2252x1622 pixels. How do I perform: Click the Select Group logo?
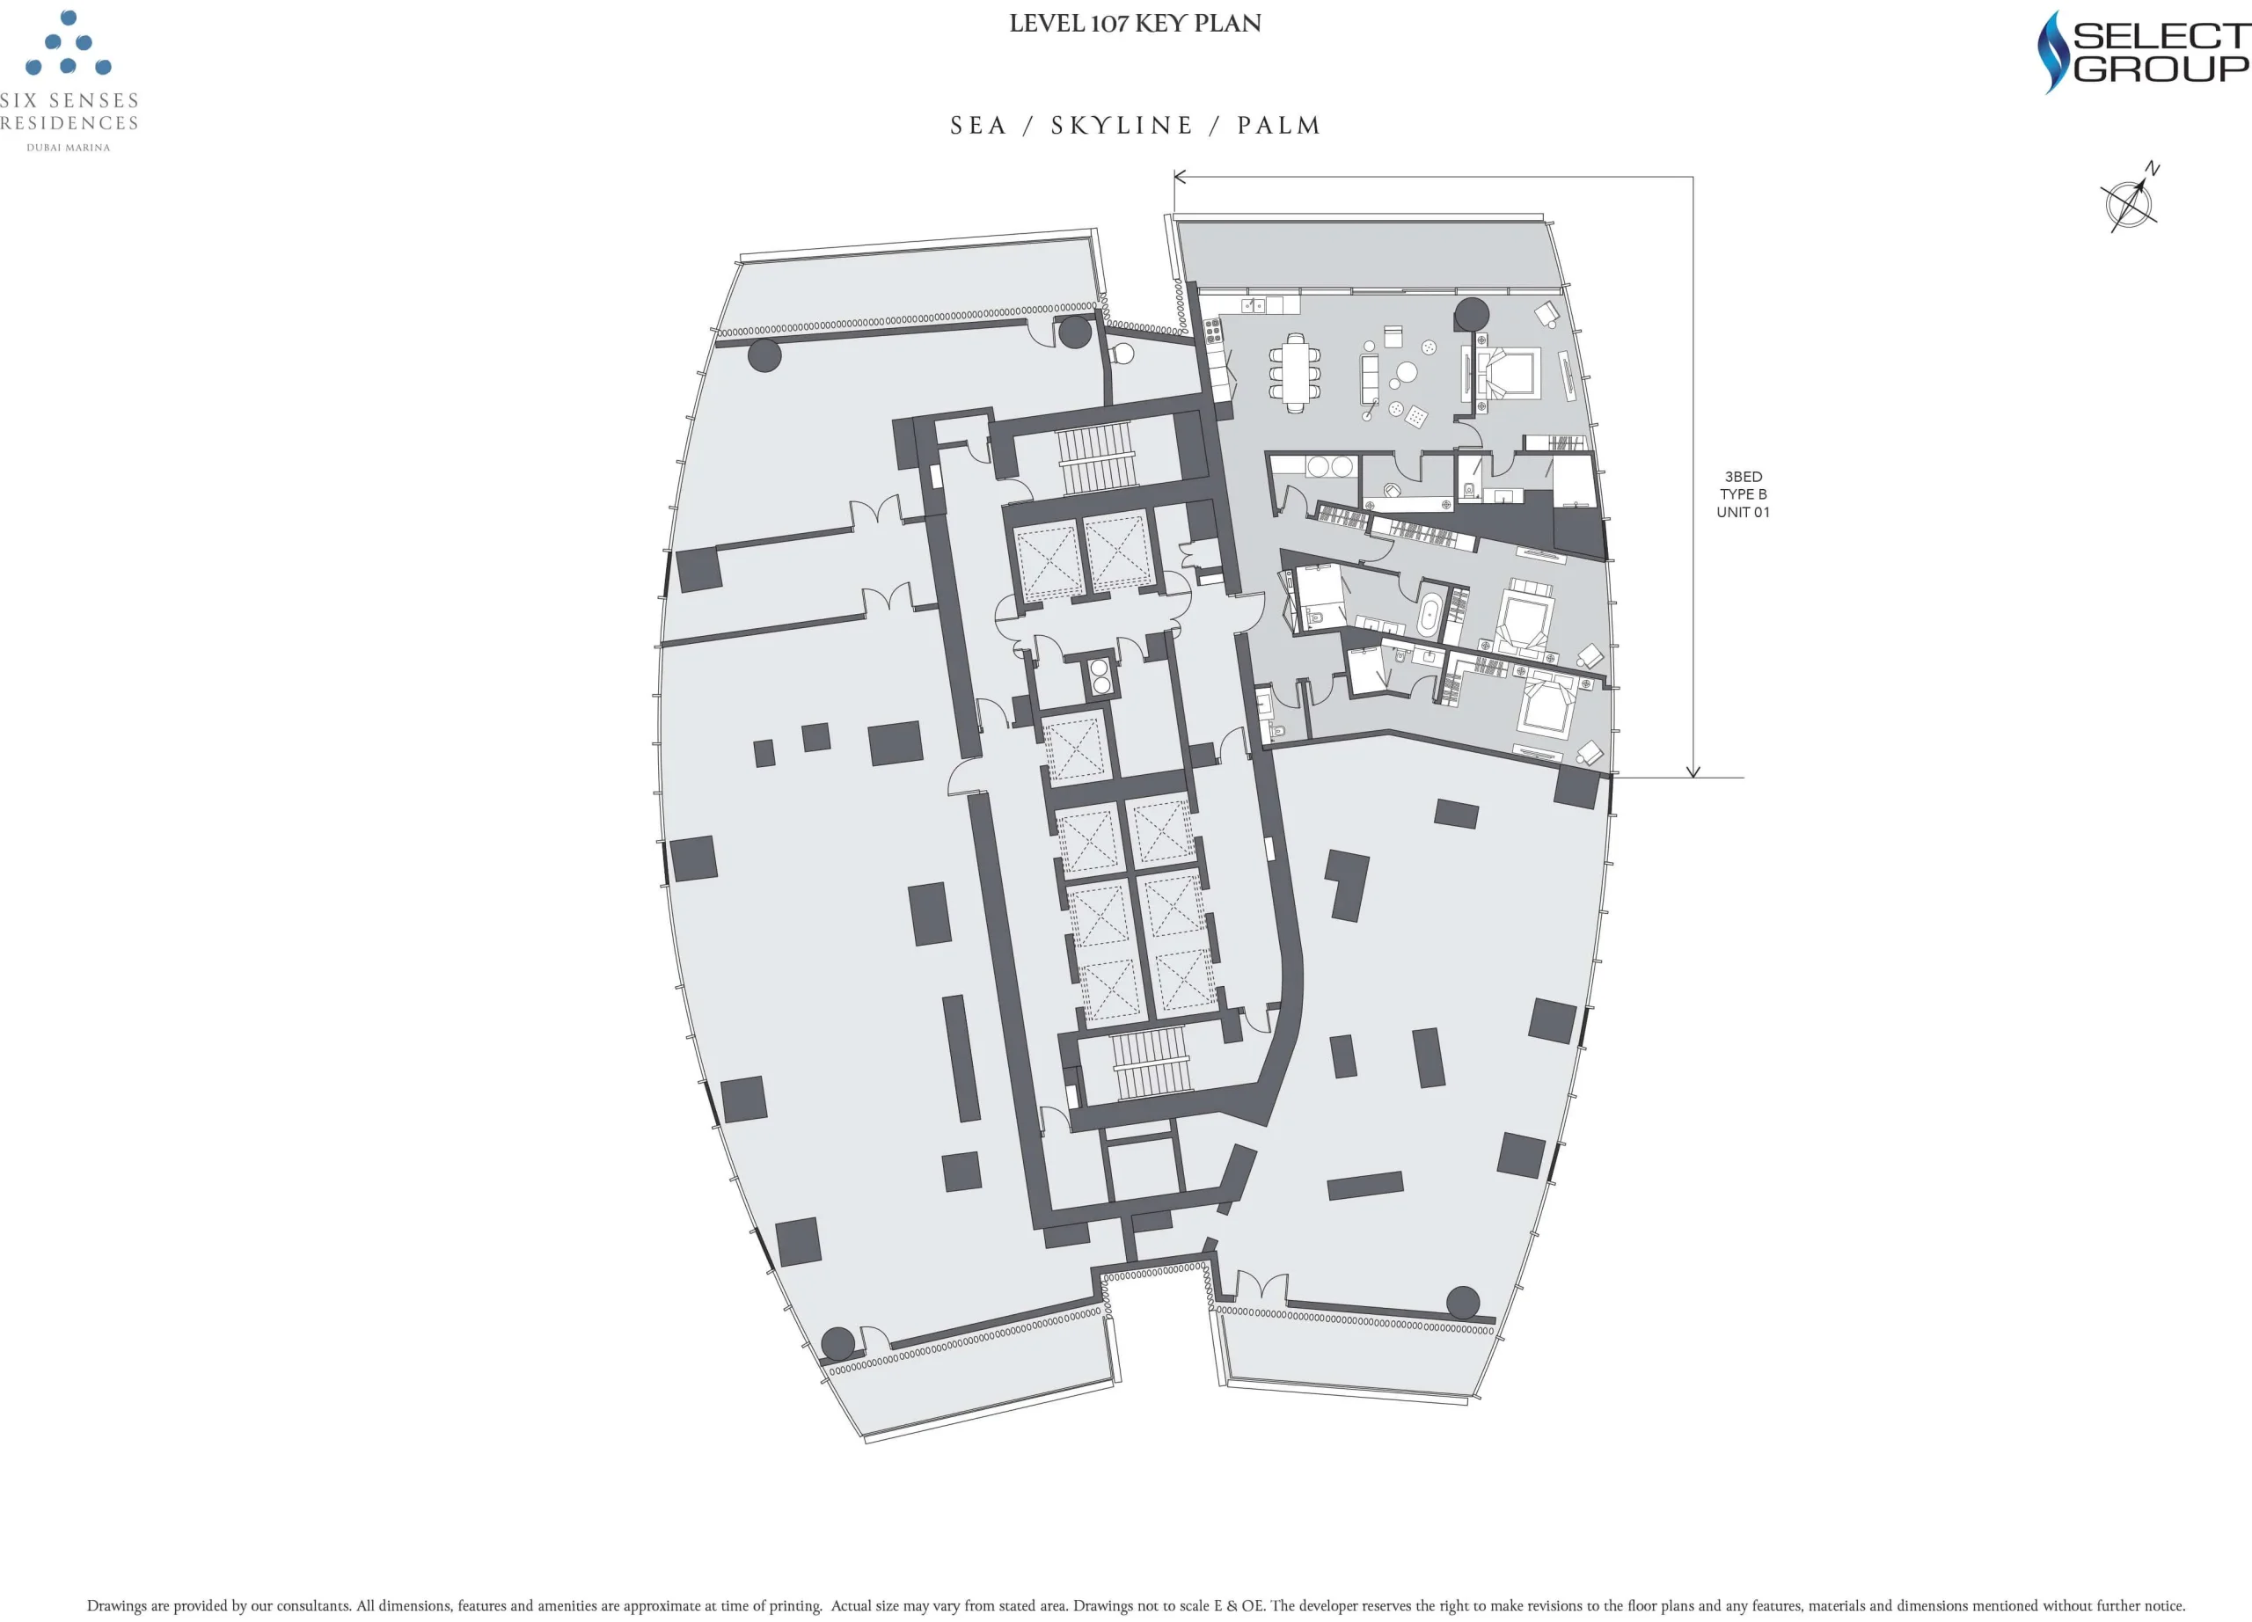[x=2142, y=52]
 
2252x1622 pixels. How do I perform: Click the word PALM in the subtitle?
[x=1279, y=126]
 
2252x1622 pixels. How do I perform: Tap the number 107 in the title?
[x=1109, y=24]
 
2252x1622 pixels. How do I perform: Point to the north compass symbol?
[x=2130, y=201]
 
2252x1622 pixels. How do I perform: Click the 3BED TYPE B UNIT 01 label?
[x=1743, y=494]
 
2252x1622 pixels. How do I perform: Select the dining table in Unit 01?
[x=1295, y=372]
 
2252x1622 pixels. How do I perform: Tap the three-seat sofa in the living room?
[x=1371, y=379]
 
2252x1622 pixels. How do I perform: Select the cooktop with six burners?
[x=1212, y=332]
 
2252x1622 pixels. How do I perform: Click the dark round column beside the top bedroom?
[x=1472, y=315]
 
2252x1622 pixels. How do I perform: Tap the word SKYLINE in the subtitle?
[x=1121, y=126]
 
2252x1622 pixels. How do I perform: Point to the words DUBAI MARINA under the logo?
[x=69, y=148]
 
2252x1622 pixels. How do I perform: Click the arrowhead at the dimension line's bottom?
[x=1693, y=772]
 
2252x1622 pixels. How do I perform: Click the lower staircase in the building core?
[x=1149, y=1063]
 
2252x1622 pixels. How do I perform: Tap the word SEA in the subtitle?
[x=978, y=126]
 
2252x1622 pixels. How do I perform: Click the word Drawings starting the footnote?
[x=116, y=1605]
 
